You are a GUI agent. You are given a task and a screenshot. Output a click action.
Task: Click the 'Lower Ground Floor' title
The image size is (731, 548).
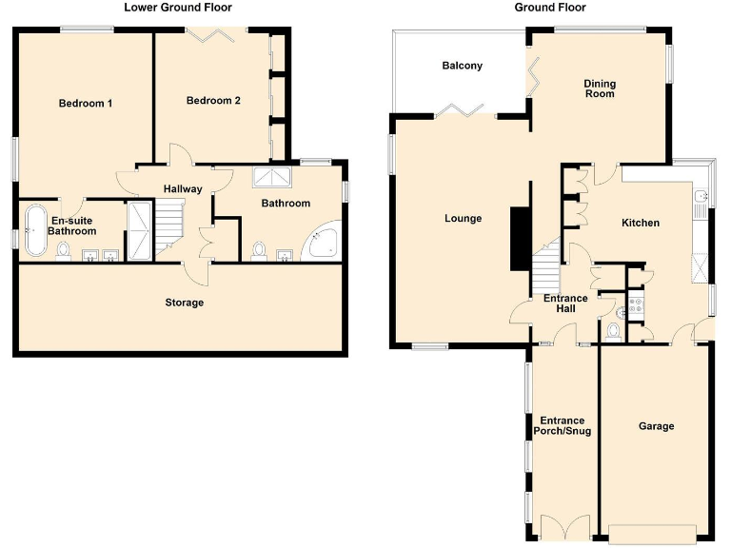(x=178, y=8)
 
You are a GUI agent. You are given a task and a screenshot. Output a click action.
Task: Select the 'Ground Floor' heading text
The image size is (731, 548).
(x=550, y=8)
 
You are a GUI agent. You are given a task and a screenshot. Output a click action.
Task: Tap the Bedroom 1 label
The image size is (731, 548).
(x=86, y=103)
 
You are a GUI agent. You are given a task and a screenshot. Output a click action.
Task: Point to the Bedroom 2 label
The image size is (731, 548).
(x=213, y=100)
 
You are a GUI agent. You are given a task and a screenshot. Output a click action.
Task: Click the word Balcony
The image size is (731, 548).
(x=462, y=66)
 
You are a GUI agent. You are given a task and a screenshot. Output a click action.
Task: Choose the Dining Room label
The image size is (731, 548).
(x=600, y=88)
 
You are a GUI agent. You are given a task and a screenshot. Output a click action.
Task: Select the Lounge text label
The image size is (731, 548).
(x=463, y=219)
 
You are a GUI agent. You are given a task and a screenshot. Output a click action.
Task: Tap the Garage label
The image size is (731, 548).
(x=656, y=426)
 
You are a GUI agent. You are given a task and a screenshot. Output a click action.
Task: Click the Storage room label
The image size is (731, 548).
(x=184, y=303)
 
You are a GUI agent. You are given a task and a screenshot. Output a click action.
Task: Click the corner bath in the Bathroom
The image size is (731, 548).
(x=320, y=244)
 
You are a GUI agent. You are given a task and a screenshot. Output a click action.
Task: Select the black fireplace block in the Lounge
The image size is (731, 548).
(x=520, y=238)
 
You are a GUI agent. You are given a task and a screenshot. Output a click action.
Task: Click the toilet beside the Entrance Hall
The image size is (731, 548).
(x=614, y=330)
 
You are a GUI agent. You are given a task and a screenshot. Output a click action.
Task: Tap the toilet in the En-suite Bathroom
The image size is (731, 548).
(x=64, y=250)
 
